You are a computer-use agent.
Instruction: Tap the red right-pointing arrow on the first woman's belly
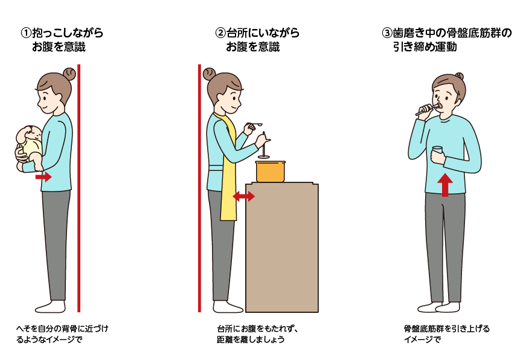(43, 176)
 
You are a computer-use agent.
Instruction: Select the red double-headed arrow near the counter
(243, 196)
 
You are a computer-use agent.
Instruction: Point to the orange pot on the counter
(271, 172)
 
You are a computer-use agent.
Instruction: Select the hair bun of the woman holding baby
(69, 74)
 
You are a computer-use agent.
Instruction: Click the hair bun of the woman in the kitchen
(209, 74)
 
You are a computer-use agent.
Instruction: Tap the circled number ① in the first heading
(26, 33)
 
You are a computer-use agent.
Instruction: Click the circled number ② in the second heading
(220, 33)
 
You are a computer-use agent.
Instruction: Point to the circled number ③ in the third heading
(387, 33)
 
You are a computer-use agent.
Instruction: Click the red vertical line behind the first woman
(79, 188)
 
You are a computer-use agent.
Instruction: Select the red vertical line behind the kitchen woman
(199, 188)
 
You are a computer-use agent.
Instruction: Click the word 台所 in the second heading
(237, 33)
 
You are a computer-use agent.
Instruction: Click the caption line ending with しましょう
(251, 339)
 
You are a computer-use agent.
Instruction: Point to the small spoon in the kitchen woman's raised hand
(255, 125)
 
